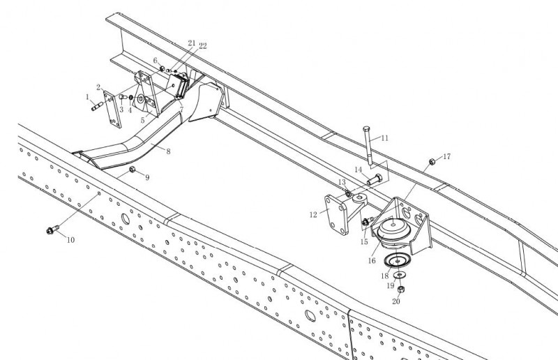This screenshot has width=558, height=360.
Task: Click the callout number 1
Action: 88,97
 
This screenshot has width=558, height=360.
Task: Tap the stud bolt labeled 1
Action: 98,107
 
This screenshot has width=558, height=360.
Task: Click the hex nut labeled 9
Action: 133,170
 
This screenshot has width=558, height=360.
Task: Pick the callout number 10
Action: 70,239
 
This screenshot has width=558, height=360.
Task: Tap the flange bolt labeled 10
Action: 52,229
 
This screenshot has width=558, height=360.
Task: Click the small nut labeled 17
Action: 432,162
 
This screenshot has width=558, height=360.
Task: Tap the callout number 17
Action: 446,156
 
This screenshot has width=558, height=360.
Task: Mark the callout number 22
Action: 202,46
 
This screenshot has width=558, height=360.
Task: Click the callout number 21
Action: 191,43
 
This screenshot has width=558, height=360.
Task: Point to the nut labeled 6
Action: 162,68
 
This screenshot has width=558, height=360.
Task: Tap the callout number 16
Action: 372,260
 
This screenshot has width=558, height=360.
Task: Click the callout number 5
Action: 144,121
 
